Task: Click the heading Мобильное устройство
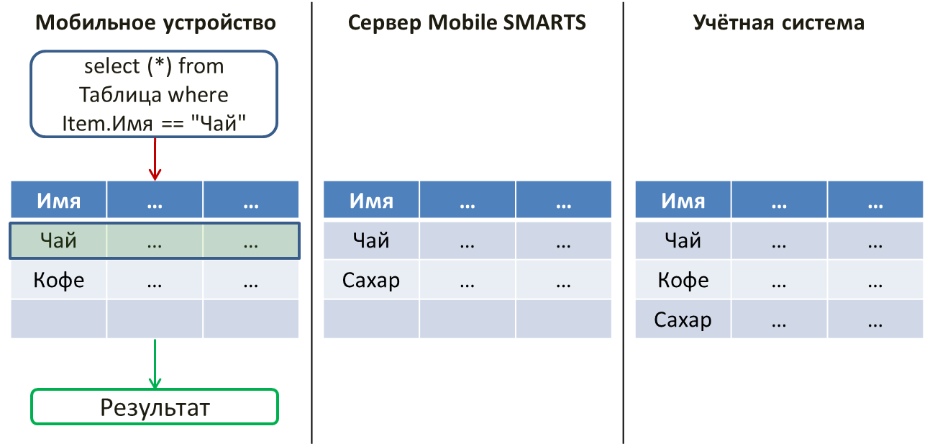pyautogui.click(x=155, y=22)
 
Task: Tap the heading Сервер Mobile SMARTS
pyautogui.click(x=467, y=22)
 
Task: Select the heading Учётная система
pyautogui.click(x=778, y=22)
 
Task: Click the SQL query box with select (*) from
pyautogui.click(x=154, y=94)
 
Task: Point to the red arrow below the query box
pyautogui.click(x=155, y=159)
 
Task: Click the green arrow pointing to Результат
pyautogui.click(x=155, y=364)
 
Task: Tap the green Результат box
pyautogui.click(x=155, y=407)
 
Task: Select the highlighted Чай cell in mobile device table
pyautogui.click(x=58, y=240)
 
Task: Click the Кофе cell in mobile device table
pyautogui.click(x=58, y=280)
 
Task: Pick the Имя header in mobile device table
pyautogui.click(x=58, y=199)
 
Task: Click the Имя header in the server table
pyautogui.click(x=371, y=199)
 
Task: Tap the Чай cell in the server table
pyautogui.click(x=371, y=240)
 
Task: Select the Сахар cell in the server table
pyautogui.click(x=371, y=280)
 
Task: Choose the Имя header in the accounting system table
pyautogui.click(x=683, y=199)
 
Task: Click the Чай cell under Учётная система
pyautogui.click(x=683, y=240)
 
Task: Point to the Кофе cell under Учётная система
pyautogui.click(x=683, y=280)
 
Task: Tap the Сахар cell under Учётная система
pyautogui.click(x=683, y=320)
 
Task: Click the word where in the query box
pyautogui.click(x=199, y=95)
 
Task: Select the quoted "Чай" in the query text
pyautogui.click(x=219, y=123)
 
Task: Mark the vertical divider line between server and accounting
pyautogui.click(x=623, y=222)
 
